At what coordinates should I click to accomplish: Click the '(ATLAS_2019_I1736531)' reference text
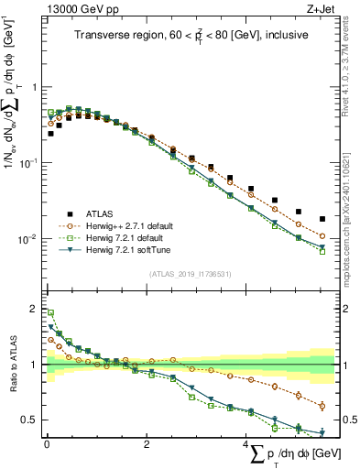coord(190,274)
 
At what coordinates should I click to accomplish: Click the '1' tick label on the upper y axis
coord(34,87)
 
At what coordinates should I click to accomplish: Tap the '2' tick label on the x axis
coord(147,444)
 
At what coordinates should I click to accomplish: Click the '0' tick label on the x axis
coord(47,444)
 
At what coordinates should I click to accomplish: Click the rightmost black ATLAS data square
coord(322,219)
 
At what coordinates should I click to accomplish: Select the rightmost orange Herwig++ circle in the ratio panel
coord(322,406)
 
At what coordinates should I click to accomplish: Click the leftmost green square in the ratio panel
coord(50,312)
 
